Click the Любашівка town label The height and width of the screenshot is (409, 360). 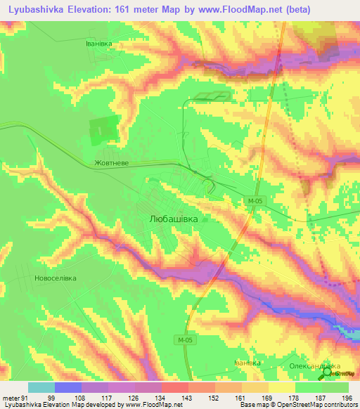(x=179, y=219)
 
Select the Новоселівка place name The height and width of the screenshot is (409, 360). (x=54, y=278)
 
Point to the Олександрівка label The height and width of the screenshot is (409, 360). (x=314, y=366)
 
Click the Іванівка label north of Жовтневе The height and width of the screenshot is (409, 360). (x=99, y=43)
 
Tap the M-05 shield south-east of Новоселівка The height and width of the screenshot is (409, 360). (x=183, y=339)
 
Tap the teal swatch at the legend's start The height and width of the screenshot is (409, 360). (x=41, y=387)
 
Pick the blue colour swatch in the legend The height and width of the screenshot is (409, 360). (x=68, y=387)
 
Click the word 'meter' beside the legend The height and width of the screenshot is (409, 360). (x=11, y=398)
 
